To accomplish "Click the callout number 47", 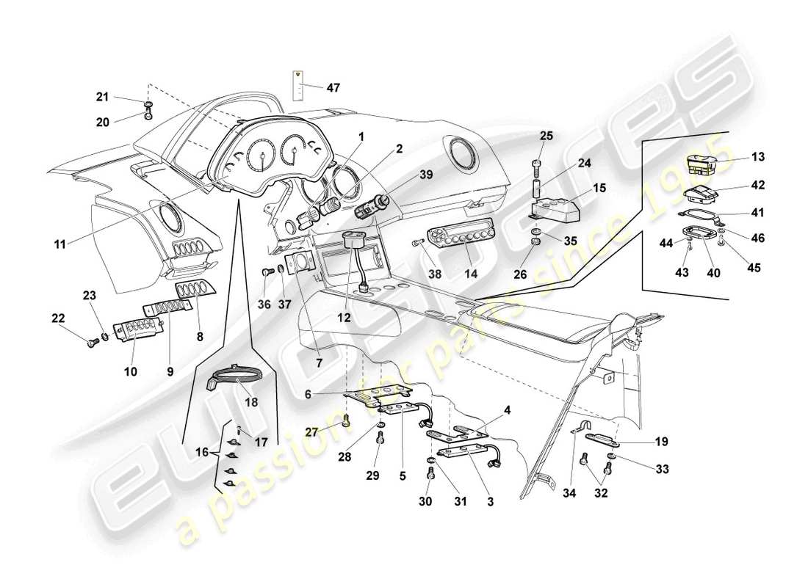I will [x=333, y=88].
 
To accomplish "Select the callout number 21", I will [x=102, y=96].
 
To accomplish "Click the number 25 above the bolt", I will [x=546, y=136].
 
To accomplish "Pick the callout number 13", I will [x=758, y=158].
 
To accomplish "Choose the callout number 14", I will [x=470, y=273].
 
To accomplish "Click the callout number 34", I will [x=575, y=502].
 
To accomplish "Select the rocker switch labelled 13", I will [x=704, y=163].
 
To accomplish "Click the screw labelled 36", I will [x=264, y=272].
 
